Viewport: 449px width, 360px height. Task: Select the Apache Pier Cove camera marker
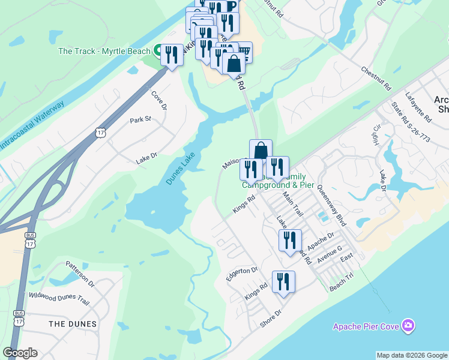[x=408, y=325]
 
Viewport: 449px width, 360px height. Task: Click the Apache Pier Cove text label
[x=367, y=326]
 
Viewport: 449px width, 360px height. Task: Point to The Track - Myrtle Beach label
[x=103, y=51]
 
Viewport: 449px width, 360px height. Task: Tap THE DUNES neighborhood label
[x=73, y=324]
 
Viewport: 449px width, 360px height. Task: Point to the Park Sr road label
[x=140, y=119]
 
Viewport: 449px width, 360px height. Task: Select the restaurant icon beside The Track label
[x=172, y=56]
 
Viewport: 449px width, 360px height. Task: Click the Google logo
[x=20, y=353]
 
